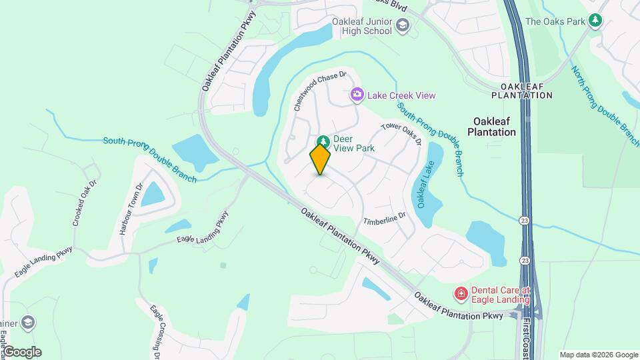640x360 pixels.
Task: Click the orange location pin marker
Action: point(320,159)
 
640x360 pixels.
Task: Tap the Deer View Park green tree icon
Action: point(323,142)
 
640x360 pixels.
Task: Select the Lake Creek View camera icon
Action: point(357,95)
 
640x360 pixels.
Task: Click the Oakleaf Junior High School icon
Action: point(402,26)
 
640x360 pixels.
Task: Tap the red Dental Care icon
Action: point(460,293)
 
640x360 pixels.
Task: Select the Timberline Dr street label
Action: point(385,219)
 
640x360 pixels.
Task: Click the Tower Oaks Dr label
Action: point(401,133)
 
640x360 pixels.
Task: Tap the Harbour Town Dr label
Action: point(131,209)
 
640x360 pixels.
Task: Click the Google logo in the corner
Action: point(22,352)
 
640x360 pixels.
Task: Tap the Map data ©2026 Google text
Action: point(599,355)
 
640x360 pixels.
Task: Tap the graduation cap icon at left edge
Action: point(27,323)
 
